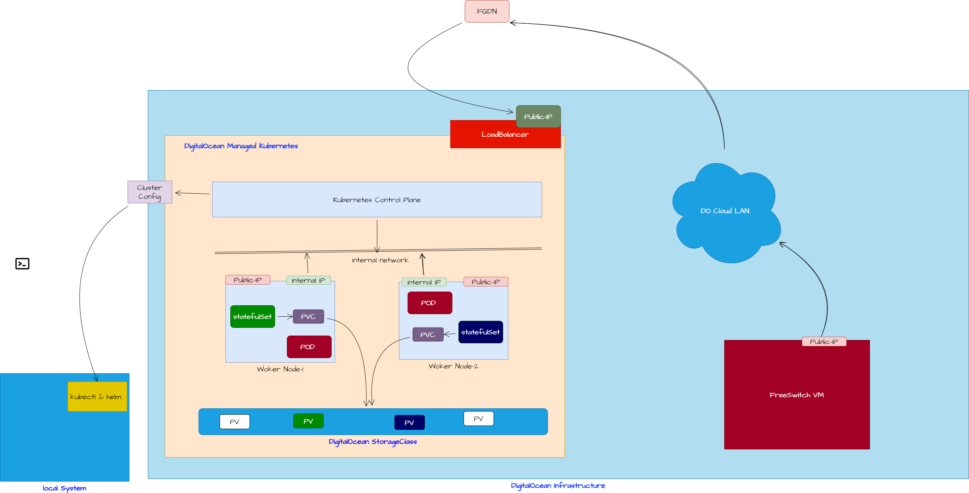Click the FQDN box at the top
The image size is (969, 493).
tap(487, 11)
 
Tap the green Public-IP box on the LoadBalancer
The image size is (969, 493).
tap(538, 116)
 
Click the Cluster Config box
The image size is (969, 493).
tap(150, 192)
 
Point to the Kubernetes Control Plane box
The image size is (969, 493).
tap(377, 200)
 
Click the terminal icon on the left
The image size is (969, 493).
tap(22, 263)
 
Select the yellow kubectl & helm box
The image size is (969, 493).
tap(97, 396)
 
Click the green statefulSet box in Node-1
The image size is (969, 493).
tap(253, 316)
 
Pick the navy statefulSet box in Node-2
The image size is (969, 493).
tap(480, 331)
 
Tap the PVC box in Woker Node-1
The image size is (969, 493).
tap(308, 316)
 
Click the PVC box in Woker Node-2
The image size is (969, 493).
tap(428, 334)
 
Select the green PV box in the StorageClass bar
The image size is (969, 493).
tap(308, 421)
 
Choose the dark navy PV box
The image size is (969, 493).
tap(409, 422)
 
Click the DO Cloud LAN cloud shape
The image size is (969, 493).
tap(725, 211)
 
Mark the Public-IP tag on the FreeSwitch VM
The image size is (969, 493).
tap(824, 341)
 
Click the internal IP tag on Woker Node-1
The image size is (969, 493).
tap(308, 280)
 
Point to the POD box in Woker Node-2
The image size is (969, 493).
tap(430, 303)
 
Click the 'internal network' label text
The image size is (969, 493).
tap(380, 260)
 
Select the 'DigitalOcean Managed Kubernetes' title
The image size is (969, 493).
tap(241, 146)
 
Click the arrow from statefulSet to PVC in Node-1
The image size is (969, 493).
tap(285, 317)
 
